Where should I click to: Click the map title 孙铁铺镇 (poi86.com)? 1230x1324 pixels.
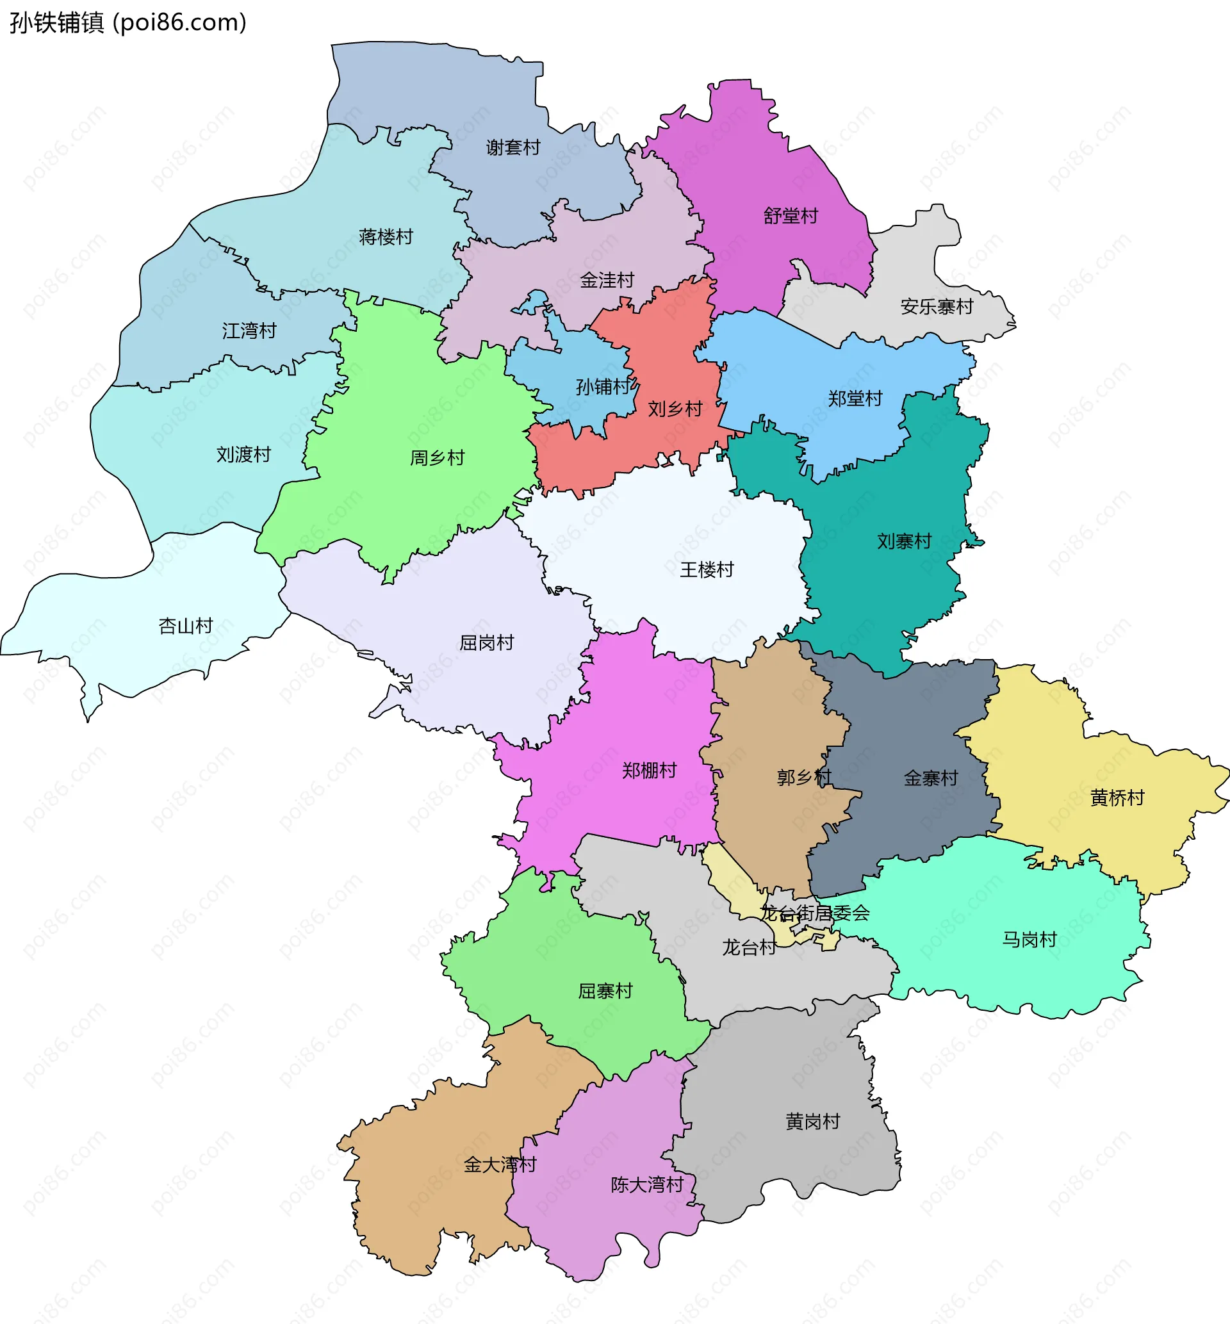tap(127, 22)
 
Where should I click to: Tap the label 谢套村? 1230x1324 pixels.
tap(512, 148)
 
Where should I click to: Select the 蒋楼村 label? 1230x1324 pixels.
tap(386, 237)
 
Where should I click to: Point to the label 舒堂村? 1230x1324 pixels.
tap(791, 217)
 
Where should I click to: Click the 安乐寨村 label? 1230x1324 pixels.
tap(937, 307)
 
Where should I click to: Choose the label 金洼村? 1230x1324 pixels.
tap(607, 281)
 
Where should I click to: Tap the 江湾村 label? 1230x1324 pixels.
tap(249, 331)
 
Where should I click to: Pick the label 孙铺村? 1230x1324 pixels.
tap(603, 386)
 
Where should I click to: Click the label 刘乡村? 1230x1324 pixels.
tap(676, 409)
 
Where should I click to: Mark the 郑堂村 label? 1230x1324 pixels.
tap(855, 398)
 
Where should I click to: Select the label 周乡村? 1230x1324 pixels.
tap(438, 458)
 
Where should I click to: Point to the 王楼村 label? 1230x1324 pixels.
tap(707, 569)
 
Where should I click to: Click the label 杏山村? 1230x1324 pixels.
tap(186, 626)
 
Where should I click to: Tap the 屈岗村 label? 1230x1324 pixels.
tap(488, 642)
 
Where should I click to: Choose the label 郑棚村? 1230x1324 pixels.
tap(650, 771)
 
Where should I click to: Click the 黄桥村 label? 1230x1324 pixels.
tap(1117, 797)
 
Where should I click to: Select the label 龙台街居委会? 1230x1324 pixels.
tap(816, 913)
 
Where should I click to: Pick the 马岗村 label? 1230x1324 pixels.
tap(1030, 940)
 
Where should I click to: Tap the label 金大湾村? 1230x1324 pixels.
tap(500, 1165)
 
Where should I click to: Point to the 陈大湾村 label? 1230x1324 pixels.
tap(648, 1185)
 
